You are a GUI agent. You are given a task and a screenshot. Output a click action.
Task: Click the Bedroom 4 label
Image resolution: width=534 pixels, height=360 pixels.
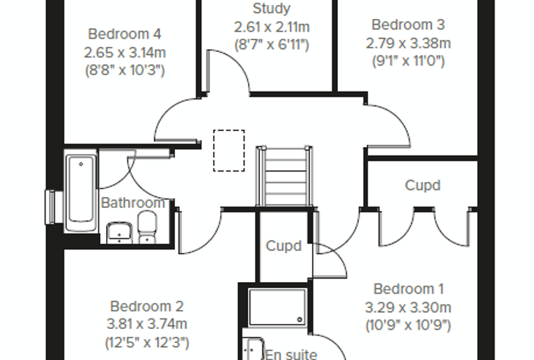(x=124, y=34)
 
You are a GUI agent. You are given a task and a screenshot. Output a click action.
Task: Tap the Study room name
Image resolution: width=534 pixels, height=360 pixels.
(x=271, y=9)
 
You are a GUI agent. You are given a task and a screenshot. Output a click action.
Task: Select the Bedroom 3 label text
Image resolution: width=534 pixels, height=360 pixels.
(x=408, y=25)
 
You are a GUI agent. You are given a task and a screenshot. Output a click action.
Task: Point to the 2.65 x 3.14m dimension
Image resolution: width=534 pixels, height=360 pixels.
(x=125, y=53)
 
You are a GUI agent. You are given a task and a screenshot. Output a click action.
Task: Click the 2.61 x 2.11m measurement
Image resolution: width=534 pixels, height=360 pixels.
(x=272, y=27)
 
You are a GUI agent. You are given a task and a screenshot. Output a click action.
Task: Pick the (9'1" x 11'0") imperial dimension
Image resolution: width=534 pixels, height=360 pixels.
(x=408, y=61)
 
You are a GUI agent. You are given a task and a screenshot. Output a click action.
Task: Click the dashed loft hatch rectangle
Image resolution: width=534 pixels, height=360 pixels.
(x=229, y=150)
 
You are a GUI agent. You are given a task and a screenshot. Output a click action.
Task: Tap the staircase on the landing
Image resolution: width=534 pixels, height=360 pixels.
(x=284, y=176)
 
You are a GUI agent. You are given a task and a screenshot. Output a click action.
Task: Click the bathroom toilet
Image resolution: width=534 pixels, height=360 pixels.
(x=147, y=226)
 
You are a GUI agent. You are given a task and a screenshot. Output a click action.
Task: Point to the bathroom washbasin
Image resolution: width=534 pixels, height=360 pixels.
(x=119, y=233)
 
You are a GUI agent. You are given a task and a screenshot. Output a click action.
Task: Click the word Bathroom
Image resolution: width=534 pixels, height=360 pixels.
(x=133, y=203)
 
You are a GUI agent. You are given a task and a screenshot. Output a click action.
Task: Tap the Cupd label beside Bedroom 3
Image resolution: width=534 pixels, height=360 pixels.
(x=423, y=186)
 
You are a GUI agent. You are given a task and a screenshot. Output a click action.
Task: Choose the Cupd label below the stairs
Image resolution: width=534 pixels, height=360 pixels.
(x=284, y=246)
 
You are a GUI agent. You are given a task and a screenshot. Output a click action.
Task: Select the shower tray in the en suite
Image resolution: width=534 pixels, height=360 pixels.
(x=278, y=307)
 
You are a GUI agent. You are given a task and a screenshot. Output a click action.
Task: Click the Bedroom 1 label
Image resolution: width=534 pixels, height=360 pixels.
(x=408, y=289)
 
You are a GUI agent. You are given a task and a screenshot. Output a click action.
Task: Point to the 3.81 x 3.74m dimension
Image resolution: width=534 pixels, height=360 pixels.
(x=147, y=324)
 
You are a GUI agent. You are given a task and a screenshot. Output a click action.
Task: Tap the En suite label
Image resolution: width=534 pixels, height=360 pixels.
(x=291, y=354)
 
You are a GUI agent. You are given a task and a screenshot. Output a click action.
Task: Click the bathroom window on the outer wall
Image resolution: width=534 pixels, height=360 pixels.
(x=51, y=207)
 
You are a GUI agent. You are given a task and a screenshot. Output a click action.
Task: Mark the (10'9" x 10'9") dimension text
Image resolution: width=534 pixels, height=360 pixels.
(x=408, y=326)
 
